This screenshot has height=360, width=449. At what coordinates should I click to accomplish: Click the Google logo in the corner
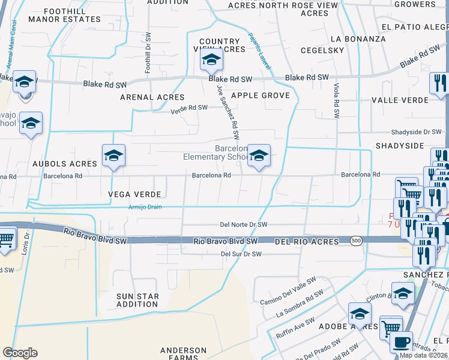20,353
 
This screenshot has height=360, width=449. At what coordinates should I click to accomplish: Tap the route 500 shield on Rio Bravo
357,240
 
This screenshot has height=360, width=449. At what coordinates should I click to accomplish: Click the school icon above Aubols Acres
113,155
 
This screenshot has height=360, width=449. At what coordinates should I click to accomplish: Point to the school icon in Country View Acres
211,59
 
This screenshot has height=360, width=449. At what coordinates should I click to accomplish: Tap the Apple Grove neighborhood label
261,95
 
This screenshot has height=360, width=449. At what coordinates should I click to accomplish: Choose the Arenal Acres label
152,97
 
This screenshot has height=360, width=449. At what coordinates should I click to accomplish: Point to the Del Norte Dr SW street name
243,224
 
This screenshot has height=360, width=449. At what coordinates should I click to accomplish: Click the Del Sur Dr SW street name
241,254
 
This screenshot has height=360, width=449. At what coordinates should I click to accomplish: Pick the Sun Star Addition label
137,300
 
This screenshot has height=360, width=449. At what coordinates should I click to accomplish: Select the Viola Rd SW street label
337,100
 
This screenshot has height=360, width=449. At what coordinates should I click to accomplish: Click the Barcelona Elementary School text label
215,152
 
